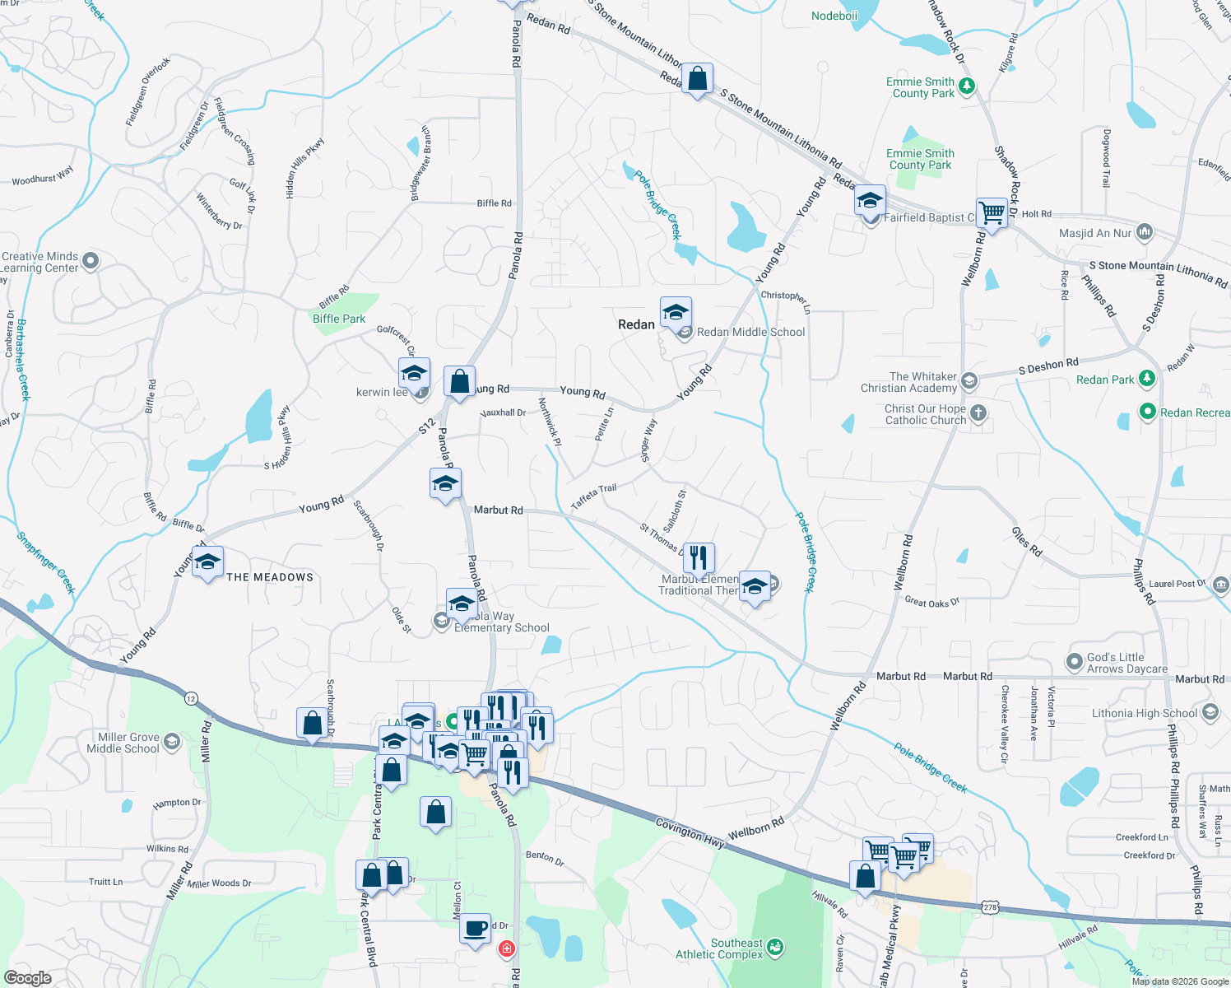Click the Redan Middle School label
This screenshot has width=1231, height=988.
pyautogui.click(x=750, y=332)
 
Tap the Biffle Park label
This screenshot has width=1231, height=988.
pyautogui.click(x=339, y=319)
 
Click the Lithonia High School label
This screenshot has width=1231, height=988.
pyautogui.click(x=1145, y=713)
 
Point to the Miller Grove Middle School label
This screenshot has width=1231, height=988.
pyautogui.click(x=123, y=743)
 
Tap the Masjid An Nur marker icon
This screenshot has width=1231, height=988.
pyautogui.click(x=1144, y=233)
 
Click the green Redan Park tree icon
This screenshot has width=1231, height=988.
pyautogui.click(x=1147, y=380)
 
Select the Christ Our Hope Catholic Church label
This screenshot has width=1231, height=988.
pyautogui.click(x=926, y=414)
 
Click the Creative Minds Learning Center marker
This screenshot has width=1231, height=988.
pyautogui.click(x=91, y=261)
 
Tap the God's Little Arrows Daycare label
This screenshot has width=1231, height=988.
pyautogui.click(x=1127, y=663)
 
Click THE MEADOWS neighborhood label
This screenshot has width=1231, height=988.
pyautogui.click(x=270, y=577)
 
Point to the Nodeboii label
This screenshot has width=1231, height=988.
pyautogui.click(x=834, y=16)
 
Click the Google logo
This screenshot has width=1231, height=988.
pyautogui.click(x=28, y=977)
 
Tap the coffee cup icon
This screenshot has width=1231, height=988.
pyautogui.click(x=475, y=929)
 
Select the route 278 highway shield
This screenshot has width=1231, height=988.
pyautogui.click(x=991, y=906)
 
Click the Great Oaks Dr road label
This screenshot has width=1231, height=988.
pyautogui.click(x=932, y=603)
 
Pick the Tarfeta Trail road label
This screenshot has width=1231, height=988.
pyautogui.click(x=594, y=496)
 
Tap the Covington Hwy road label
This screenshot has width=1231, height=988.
pyautogui.click(x=690, y=833)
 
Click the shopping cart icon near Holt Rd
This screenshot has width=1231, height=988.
pyautogui.click(x=992, y=213)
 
